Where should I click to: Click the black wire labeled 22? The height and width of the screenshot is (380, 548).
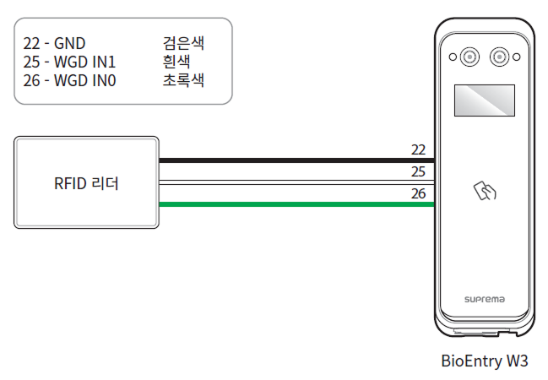(296, 160)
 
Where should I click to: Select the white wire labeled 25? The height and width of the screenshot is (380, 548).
(296, 182)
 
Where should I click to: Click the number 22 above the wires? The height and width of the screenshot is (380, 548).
(418, 149)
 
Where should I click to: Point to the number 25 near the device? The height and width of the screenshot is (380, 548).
(418, 171)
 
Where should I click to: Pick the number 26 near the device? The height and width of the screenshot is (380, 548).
(418, 193)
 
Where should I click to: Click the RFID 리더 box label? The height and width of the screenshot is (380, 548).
(86, 182)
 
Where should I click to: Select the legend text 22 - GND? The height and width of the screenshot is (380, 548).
(55, 43)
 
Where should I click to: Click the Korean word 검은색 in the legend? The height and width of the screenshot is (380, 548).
(183, 43)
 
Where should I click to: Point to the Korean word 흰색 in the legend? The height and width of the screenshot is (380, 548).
(176, 62)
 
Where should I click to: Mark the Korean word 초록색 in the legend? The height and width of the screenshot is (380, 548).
(183, 81)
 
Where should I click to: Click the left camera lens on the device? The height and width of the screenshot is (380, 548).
(469, 57)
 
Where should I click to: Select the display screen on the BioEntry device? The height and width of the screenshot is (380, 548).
(485, 100)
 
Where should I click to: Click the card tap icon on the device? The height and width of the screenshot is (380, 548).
(486, 193)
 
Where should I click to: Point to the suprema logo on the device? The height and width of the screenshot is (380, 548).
(485, 298)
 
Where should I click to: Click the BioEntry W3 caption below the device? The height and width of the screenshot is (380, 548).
(485, 361)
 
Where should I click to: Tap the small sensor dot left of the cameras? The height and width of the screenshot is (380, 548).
(452, 57)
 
